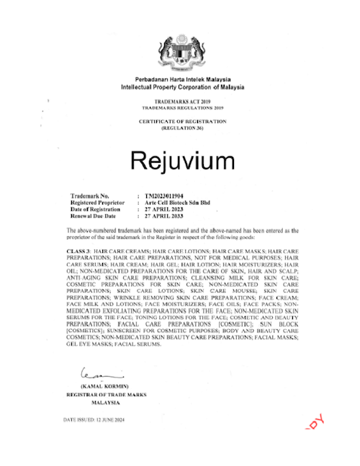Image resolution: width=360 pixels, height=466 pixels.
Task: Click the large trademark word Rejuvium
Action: [x=181, y=160]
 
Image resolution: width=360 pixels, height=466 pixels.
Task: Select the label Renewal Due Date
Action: [x=94, y=216]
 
